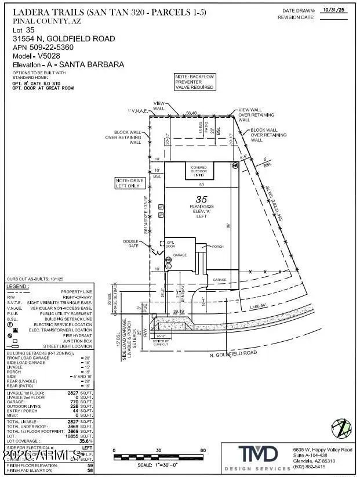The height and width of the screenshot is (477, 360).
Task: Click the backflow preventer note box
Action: coord(195,82)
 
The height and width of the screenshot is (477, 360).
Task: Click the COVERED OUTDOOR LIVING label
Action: coord(199,171)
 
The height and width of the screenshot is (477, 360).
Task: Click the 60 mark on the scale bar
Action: coord(203,450)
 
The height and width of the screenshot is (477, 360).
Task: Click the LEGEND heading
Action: coord(17,286)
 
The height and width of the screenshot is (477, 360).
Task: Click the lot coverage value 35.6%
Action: coord(86,441)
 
